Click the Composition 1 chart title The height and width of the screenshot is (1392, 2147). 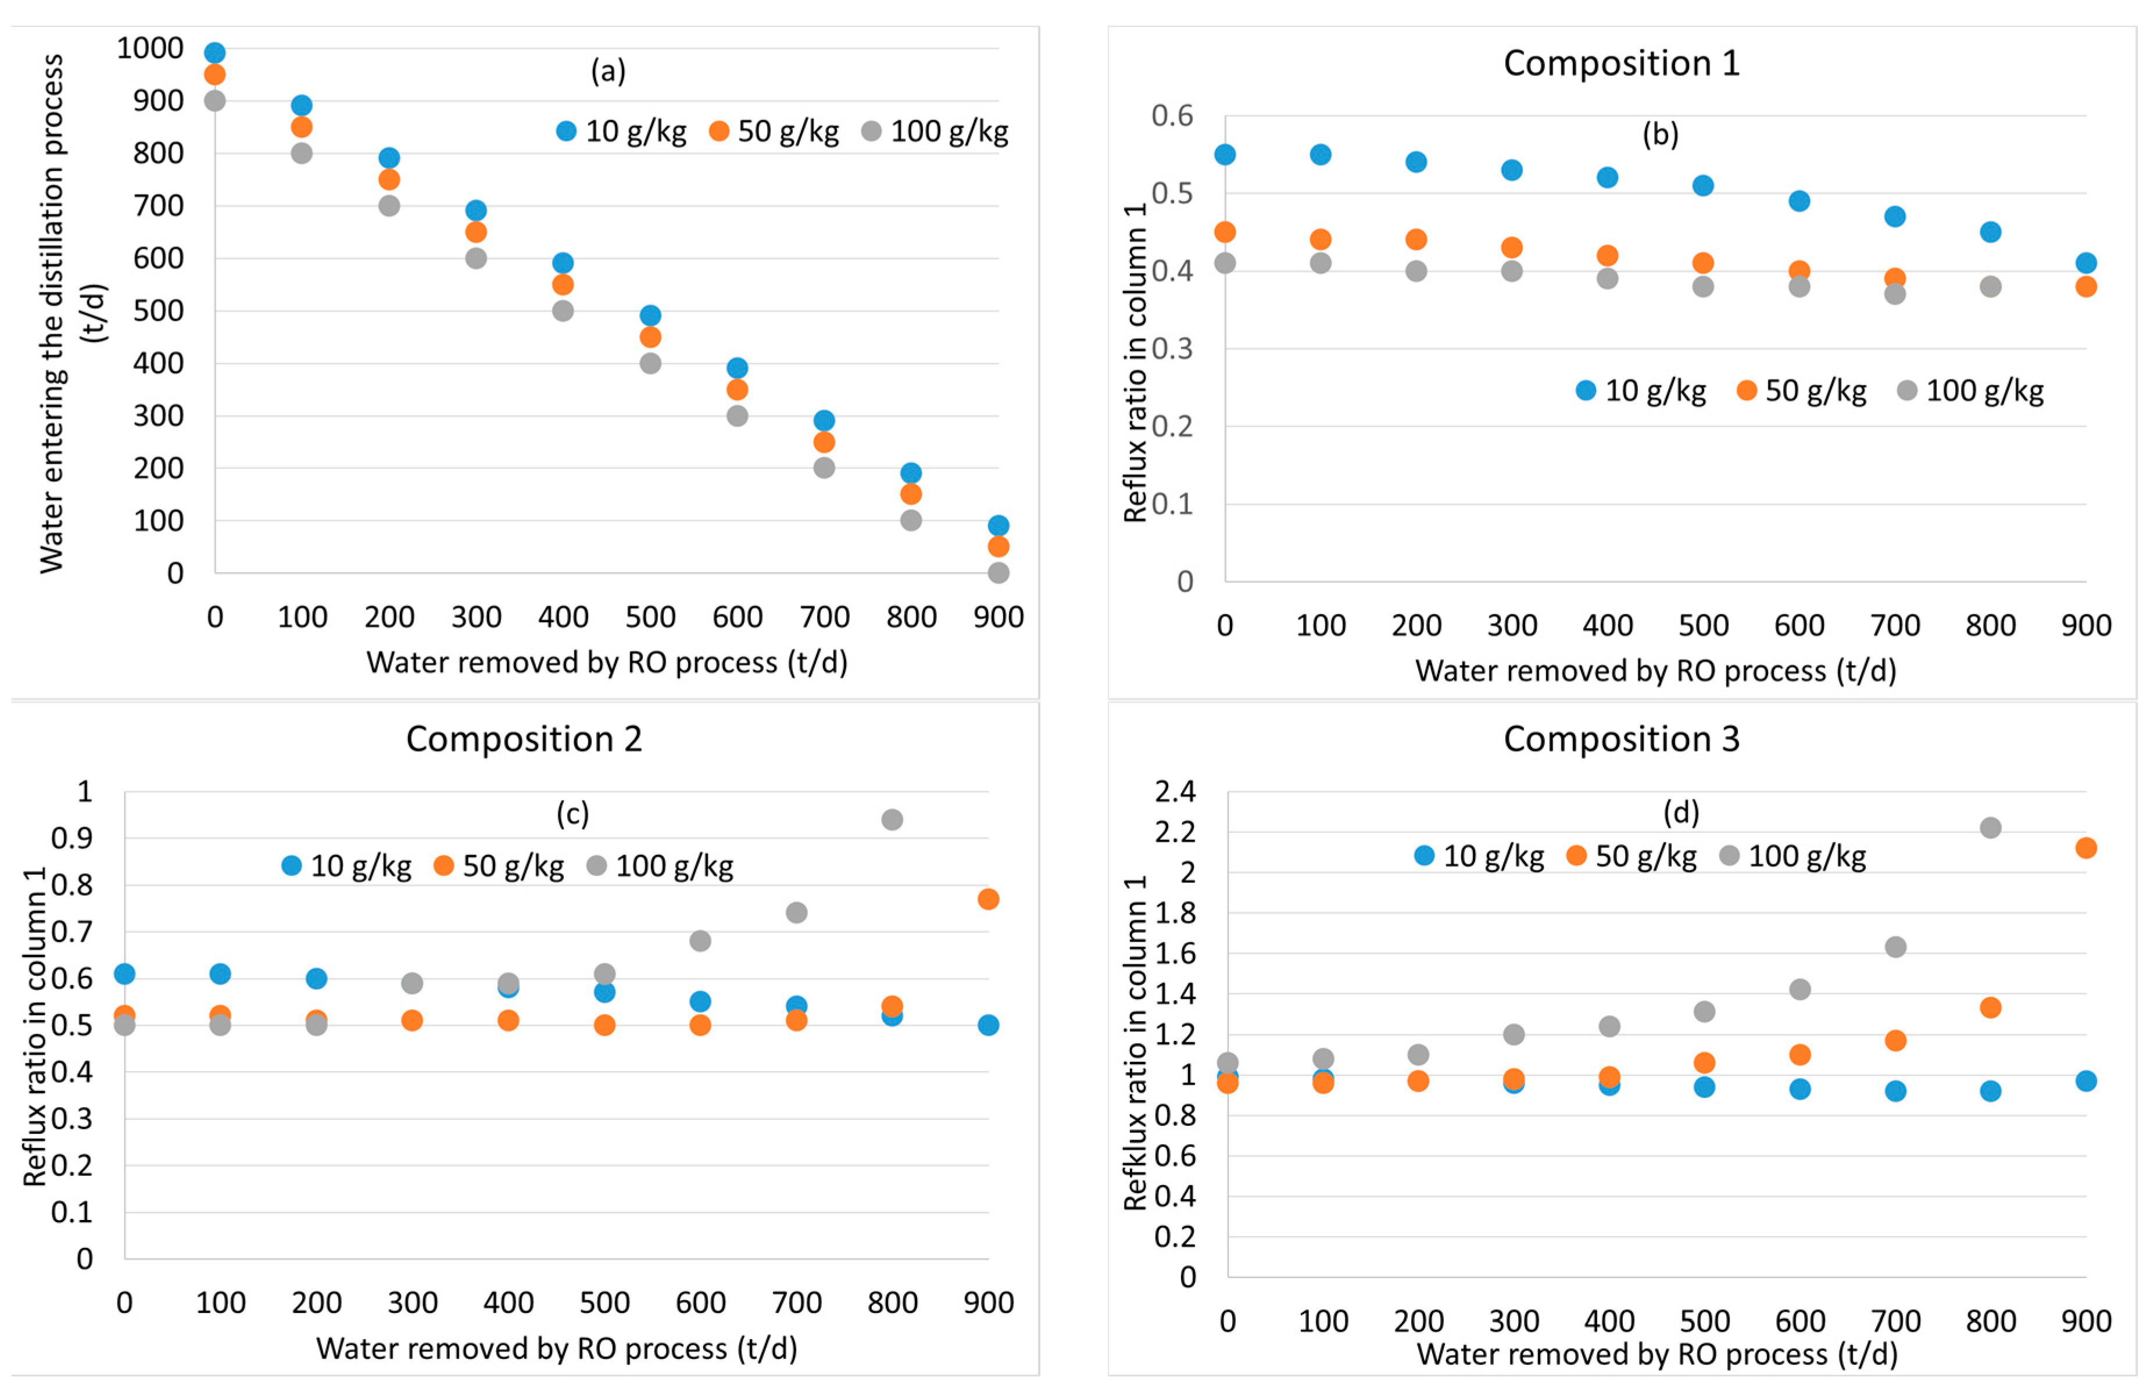tap(1620, 63)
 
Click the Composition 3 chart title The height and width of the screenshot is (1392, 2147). tap(1620, 739)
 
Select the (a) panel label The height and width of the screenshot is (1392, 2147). tap(608, 70)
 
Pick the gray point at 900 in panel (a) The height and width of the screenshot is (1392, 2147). tap(998, 573)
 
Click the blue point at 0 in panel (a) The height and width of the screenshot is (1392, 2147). tap(214, 52)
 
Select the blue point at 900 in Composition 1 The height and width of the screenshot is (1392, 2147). tap(2085, 263)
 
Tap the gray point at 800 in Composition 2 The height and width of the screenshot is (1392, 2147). tap(892, 819)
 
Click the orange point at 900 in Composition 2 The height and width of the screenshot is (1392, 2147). tap(988, 899)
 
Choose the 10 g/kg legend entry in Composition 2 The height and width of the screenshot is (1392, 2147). tap(346, 866)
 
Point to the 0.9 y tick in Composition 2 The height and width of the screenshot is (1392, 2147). tap(71, 838)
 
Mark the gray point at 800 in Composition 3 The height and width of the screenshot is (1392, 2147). tap(1991, 827)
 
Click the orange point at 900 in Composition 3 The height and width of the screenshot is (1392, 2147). tap(2085, 848)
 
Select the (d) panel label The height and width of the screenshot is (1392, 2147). tap(1681, 813)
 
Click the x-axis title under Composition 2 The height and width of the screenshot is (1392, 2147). tap(557, 1348)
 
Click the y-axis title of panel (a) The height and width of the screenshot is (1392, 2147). tap(52, 312)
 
